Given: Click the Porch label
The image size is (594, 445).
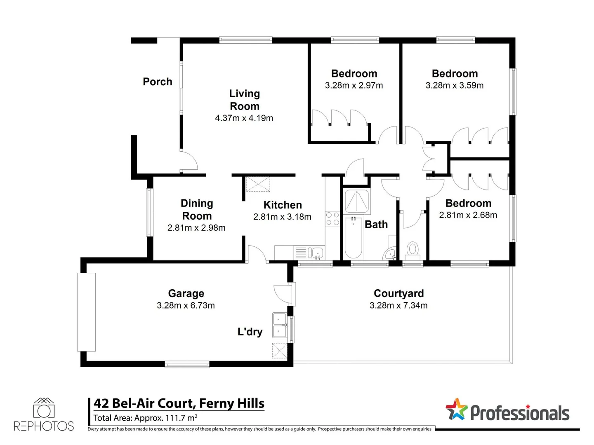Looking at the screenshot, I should coord(157,82).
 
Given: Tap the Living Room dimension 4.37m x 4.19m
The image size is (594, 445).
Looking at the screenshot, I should coord(244,118).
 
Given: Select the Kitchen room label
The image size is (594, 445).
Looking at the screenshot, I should coord(283,205).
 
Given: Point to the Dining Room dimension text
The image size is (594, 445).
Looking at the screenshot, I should coord(196,228).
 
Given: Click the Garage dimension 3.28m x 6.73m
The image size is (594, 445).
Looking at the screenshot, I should coord(186,305).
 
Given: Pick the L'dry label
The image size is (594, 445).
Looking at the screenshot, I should coord(250,332).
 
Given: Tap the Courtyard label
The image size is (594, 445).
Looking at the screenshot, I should coord(398,293).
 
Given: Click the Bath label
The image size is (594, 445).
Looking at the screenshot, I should coord(376,225).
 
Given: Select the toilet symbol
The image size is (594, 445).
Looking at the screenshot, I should coord(412,250).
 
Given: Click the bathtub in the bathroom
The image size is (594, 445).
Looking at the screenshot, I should coord(354,238).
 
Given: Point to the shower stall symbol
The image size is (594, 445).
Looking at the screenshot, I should coord(356,201).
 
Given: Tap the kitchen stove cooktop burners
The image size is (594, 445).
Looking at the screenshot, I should coord(332,219).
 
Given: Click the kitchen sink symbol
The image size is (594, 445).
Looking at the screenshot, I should coord(317,253).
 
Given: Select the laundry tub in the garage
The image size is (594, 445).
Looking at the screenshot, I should coord(279,325).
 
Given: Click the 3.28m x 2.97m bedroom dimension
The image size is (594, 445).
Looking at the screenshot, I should coord(354,86).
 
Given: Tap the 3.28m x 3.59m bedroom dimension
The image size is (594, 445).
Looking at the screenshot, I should coord(455,86).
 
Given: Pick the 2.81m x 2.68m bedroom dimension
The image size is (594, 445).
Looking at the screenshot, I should coord(468,215).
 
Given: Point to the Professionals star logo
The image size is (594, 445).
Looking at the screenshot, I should coord(456,410).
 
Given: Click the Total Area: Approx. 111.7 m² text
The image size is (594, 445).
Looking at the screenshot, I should coord(145,418).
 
